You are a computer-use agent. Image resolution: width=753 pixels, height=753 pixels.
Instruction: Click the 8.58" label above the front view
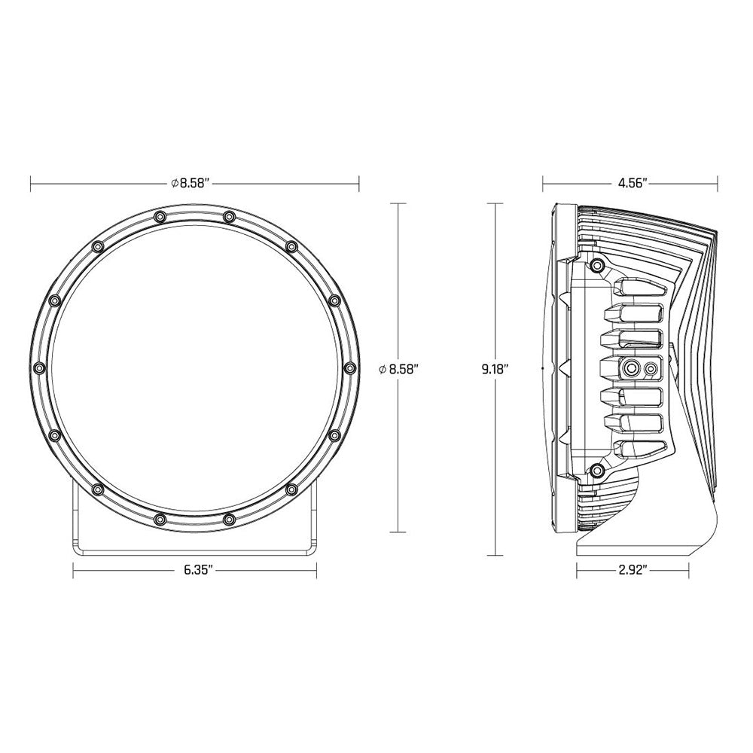click(194, 183)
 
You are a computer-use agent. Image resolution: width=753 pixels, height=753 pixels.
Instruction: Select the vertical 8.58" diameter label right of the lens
click(399, 368)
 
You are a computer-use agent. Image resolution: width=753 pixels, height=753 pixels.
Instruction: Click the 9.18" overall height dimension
click(495, 369)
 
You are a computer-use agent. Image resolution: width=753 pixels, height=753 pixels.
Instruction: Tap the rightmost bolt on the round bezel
click(349, 367)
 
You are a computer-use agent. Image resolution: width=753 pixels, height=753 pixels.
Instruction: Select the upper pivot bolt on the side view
click(597, 265)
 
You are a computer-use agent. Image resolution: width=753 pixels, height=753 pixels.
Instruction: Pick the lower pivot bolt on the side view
click(597, 471)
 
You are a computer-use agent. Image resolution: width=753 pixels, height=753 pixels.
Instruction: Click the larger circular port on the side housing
click(631, 368)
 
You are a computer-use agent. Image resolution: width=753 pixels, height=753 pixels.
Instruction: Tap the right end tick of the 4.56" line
click(718, 183)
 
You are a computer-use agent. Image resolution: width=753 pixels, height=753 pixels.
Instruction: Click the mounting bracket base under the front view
click(194, 546)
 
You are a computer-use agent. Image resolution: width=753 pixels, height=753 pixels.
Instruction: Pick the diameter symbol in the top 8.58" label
click(174, 183)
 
